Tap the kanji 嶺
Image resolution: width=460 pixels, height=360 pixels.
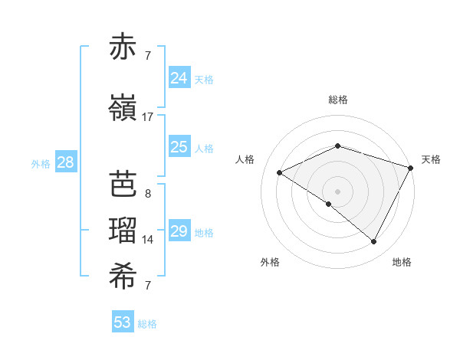pyautogui.click(x=123, y=109)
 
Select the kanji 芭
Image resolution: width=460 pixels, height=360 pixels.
pyautogui.click(x=123, y=185)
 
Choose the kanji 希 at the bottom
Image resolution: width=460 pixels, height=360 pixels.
pyautogui.click(x=123, y=277)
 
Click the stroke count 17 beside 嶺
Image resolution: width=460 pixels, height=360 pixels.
pyautogui.click(x=147, y=117)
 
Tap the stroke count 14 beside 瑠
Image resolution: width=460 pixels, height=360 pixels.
pyautogui.click(x=148, y=240)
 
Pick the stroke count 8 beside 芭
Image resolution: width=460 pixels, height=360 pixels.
pyautogui.click(x=147, y=193)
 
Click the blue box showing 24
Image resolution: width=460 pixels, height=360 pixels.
pyautogui.click(x=179, y=77)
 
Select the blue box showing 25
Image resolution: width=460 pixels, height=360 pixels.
pyautogui.click(x=179, y=147)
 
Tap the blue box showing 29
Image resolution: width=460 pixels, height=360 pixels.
pyautogui.click(x=179, y=231)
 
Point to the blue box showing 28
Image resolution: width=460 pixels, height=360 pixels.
pyautogui.click(x=65, y=162)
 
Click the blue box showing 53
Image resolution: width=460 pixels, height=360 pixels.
pyautogui.click(x=122, y=322)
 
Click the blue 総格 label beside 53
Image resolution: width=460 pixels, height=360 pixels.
pyautogui.click(x=147, y=324)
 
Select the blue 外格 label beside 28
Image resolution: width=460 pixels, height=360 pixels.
pyautogui.click(x=41, y=163)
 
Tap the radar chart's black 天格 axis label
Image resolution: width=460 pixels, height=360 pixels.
pyautogui.click(x=431, y=159)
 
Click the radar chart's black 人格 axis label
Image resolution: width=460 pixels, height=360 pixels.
pyautogui.click(x=245, y=159)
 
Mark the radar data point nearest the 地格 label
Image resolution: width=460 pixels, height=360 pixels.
pyautogui.click(x=374, y=242)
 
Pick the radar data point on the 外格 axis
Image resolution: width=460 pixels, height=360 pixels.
pyautogui.click(x=329, y=205)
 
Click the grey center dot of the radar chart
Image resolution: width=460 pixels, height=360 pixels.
pyautogui.click(x=337, y=191)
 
